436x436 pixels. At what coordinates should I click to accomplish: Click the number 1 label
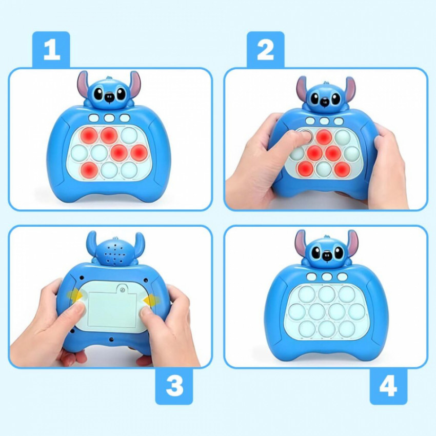[x=51, y=49]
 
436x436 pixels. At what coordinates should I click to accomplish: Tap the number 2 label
[x=266, y=49]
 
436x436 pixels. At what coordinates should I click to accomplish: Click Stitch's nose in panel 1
[x=110, y=97]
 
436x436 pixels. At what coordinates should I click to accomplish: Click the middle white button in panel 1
[x=109, y=118]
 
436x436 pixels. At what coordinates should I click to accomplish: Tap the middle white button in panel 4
[x=327, y=276]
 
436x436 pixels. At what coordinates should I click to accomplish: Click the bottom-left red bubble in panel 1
[x=89, y=169]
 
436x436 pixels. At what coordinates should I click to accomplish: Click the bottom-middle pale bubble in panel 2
[x=324, y=169]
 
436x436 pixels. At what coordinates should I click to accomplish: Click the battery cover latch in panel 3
[x=122, y=289]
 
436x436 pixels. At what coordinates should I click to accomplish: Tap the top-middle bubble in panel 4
[x=327, y=294]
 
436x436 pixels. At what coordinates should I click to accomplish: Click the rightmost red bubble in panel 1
[x=139, y=152]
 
